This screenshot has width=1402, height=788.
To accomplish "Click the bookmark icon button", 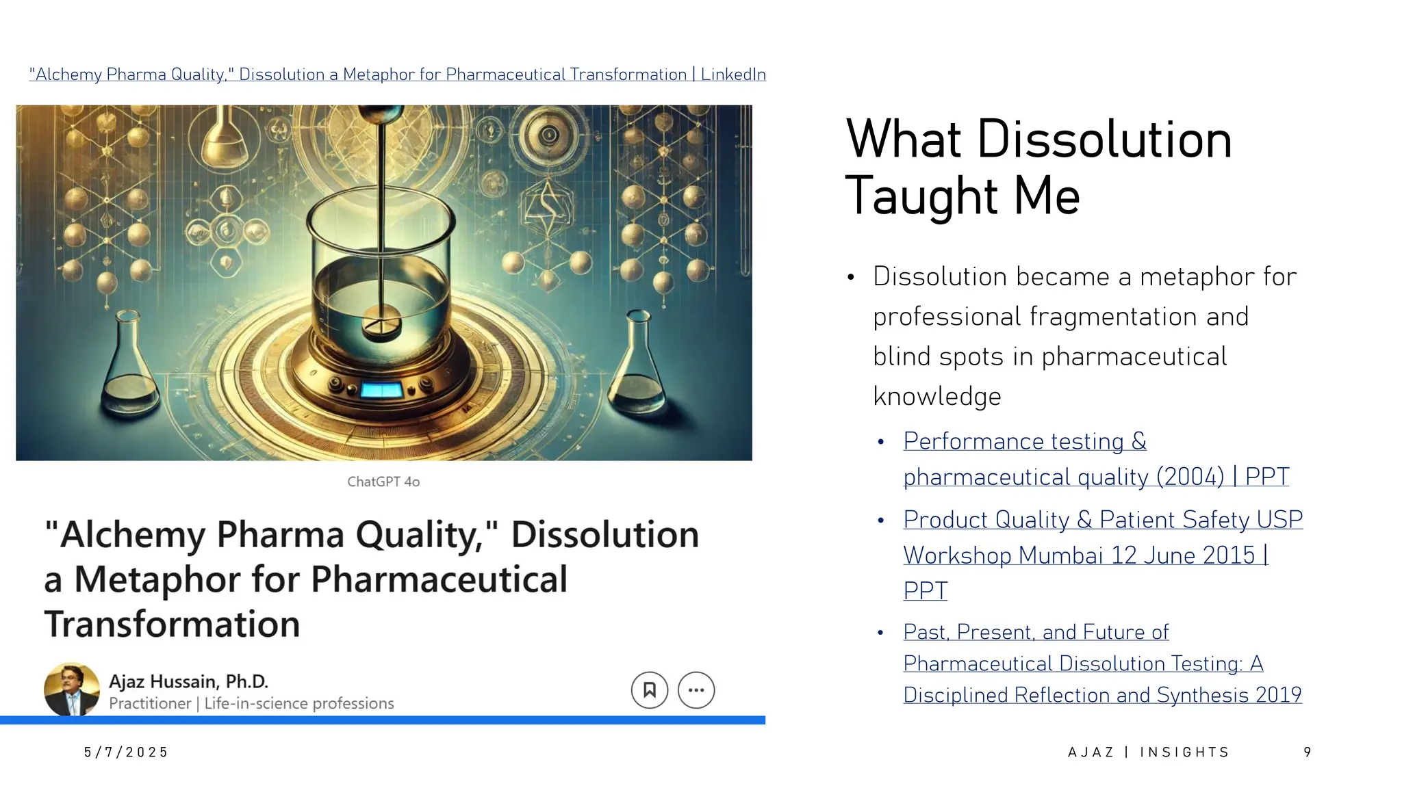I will pyautogui.click(x=649, y=689).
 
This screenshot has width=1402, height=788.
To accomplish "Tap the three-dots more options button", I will pyautogui.click(x=696, y=689).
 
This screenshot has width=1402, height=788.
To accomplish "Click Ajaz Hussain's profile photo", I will pyautogui.click(x=71, y=689).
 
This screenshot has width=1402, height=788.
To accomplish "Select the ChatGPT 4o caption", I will pyautogui.click(x=383, y=482).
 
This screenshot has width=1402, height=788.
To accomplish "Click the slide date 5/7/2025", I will pyautogui.click(x=126, y=752).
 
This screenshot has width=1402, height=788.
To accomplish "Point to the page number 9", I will pyautogui.click(x=1308, y=752).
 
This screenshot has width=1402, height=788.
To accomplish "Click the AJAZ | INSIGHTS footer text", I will pyautogui.click(x=1149, y=752).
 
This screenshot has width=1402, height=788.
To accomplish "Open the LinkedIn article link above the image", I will pyautogui.click(x=397, y=75).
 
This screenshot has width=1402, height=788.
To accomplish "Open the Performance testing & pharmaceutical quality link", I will pyautogui.click(x=1095, y=459).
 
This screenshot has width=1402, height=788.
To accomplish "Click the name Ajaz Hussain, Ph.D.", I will pyautogui.click(x=188, y=681).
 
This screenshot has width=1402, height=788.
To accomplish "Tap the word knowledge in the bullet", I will pyautogui.click(x=937, y=397).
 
